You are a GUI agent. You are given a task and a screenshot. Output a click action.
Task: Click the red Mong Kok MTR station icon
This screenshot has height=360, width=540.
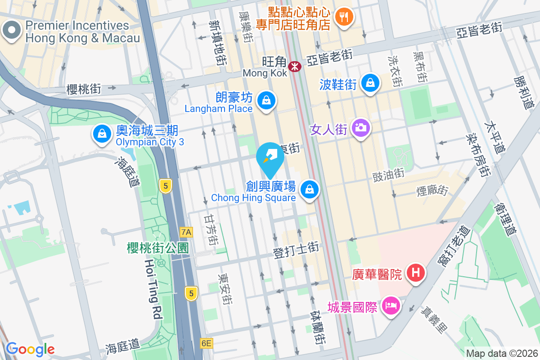point(295,67)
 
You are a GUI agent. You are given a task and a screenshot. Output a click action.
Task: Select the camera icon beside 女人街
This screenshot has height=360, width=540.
point(360,128)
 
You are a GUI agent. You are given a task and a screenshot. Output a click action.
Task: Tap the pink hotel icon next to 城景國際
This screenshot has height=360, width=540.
point(391,306)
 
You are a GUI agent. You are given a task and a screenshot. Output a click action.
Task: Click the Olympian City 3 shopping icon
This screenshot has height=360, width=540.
point(102,134)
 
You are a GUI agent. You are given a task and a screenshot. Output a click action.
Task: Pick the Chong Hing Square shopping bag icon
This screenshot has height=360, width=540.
point(310,189)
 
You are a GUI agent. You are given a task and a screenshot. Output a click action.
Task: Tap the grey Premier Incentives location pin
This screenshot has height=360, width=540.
point(11,31)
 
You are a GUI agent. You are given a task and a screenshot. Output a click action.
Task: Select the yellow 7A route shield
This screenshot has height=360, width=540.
point(186,232)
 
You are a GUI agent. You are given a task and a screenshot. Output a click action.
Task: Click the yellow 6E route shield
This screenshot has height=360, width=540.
point(206,343)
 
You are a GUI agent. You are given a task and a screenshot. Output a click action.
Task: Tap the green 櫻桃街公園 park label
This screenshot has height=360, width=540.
point(157,248)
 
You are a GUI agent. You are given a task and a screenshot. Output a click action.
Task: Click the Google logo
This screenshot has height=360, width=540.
point(30,349)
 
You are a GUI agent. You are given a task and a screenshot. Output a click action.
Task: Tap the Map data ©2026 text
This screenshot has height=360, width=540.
point(502,353)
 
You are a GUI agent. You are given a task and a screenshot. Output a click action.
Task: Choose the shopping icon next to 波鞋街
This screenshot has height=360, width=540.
point(370,83)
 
